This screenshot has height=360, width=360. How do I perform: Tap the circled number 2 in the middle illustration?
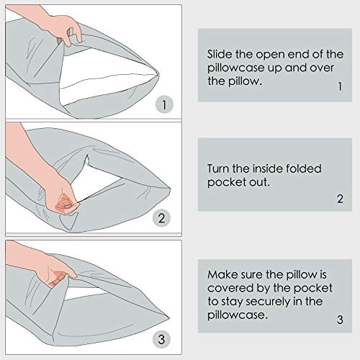click(162, 217)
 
